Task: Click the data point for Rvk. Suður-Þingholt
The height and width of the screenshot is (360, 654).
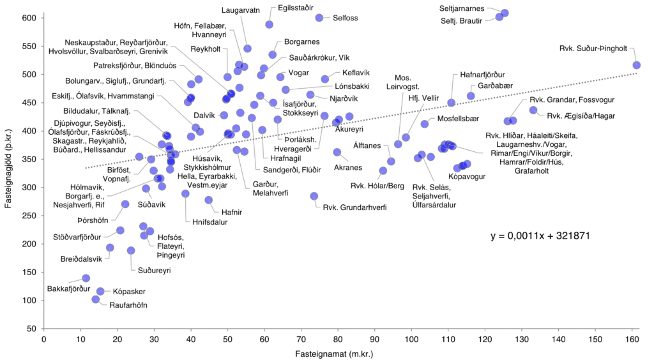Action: coord(636,65)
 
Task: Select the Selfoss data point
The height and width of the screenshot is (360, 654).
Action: coord(319,17)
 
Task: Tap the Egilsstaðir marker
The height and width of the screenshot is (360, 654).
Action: coord(270,24)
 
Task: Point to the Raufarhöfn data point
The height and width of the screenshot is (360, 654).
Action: coord(96,299)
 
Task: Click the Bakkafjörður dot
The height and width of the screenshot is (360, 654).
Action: coord(86,278)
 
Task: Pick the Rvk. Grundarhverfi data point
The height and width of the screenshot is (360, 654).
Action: coord(314,196)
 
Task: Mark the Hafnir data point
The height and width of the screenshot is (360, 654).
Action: coord(209,200)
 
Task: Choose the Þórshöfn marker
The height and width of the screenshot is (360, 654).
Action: coord(125,204)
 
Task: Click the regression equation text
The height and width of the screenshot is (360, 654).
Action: coord(540,236)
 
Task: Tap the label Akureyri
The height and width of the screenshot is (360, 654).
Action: coord(349,129)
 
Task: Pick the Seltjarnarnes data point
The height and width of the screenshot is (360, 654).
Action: coord(505,13)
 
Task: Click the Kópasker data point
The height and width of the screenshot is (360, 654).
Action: coord(100,291)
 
